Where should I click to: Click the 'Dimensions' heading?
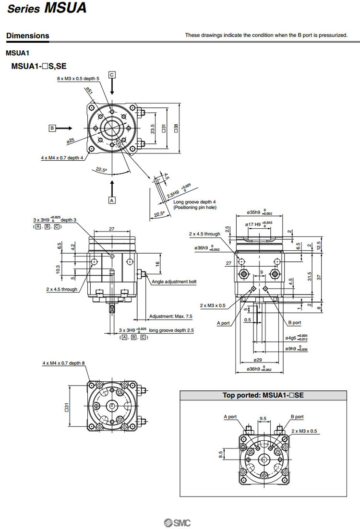pos(27,35)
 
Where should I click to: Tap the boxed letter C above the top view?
pos(112,75)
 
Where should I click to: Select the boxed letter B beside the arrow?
pos(52,128)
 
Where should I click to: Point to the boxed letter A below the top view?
pos(112,200)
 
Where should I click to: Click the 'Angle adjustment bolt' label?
pos(174,282)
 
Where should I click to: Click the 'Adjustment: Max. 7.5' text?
pos(170,317)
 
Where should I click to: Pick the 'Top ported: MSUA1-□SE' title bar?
pos(263,396)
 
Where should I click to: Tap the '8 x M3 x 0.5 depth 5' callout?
pos(78,78)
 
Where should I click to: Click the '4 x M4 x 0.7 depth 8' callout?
pos(63,363)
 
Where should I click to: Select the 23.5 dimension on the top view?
pos(152,129)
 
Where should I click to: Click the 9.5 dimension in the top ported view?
pos(263,418)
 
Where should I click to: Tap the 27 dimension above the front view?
pos(111,229)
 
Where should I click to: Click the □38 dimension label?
pos(176,129)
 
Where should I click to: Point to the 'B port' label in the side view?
pos(294,323)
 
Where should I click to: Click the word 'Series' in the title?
pos(24,9)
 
